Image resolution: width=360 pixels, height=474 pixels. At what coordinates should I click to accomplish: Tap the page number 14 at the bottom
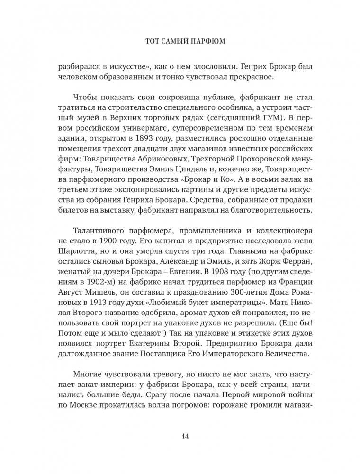click(x=180, y=436)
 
